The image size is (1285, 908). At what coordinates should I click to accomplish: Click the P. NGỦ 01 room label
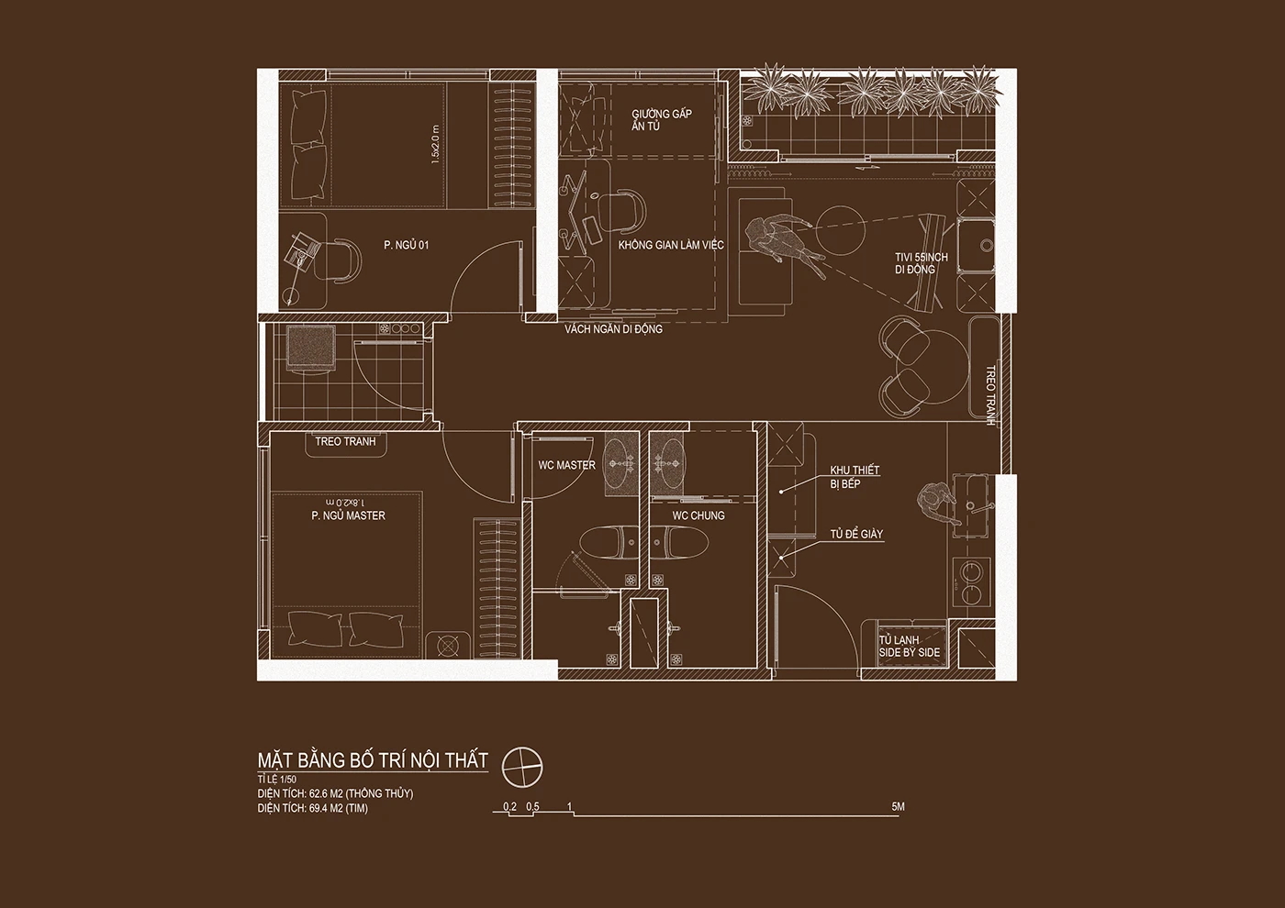(406, 246)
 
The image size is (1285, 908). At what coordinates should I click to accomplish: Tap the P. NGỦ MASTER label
(348, 515)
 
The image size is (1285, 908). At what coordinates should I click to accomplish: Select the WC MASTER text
(567, 466)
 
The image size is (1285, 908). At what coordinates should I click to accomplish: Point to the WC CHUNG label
(698, 515)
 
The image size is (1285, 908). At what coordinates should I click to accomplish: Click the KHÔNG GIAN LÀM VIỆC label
(671, 246)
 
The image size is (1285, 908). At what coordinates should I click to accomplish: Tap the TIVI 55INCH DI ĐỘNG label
(922, 263)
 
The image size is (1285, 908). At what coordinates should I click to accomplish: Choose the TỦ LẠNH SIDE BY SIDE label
(910, 646)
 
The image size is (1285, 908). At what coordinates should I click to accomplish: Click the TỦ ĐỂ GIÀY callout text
(856, 534)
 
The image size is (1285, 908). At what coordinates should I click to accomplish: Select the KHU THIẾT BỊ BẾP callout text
(855, 477)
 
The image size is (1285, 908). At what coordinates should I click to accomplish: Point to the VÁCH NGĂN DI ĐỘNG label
(613, 329)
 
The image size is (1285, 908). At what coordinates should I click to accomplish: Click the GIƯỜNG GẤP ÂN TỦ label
(662, 120)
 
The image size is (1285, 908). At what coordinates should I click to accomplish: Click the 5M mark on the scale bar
(898, 806)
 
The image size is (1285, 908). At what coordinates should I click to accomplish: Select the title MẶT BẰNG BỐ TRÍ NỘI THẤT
(373, 760)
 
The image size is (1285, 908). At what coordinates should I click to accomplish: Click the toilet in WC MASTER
(609, 543)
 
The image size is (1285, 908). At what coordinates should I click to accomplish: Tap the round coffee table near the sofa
(840, 230)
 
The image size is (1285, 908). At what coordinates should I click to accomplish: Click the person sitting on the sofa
(783, 240)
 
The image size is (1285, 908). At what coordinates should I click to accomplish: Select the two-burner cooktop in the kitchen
(971, 581)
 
